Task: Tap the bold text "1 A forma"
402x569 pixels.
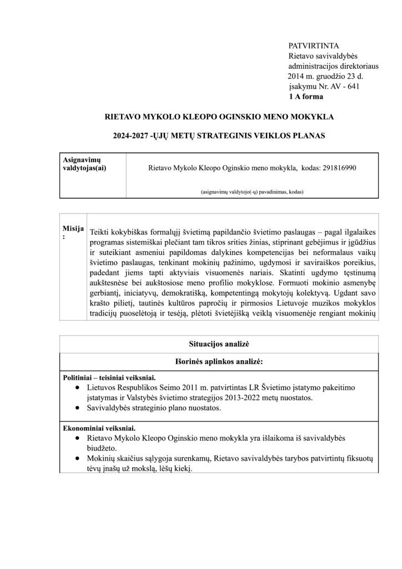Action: (x=306, y=96)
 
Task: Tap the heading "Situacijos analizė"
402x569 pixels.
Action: (x=219, y=345)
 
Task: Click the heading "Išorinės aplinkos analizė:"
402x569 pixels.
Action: (x=219, y=361)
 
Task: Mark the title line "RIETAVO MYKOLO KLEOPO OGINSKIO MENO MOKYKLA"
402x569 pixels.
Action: (x=219, y=117)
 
